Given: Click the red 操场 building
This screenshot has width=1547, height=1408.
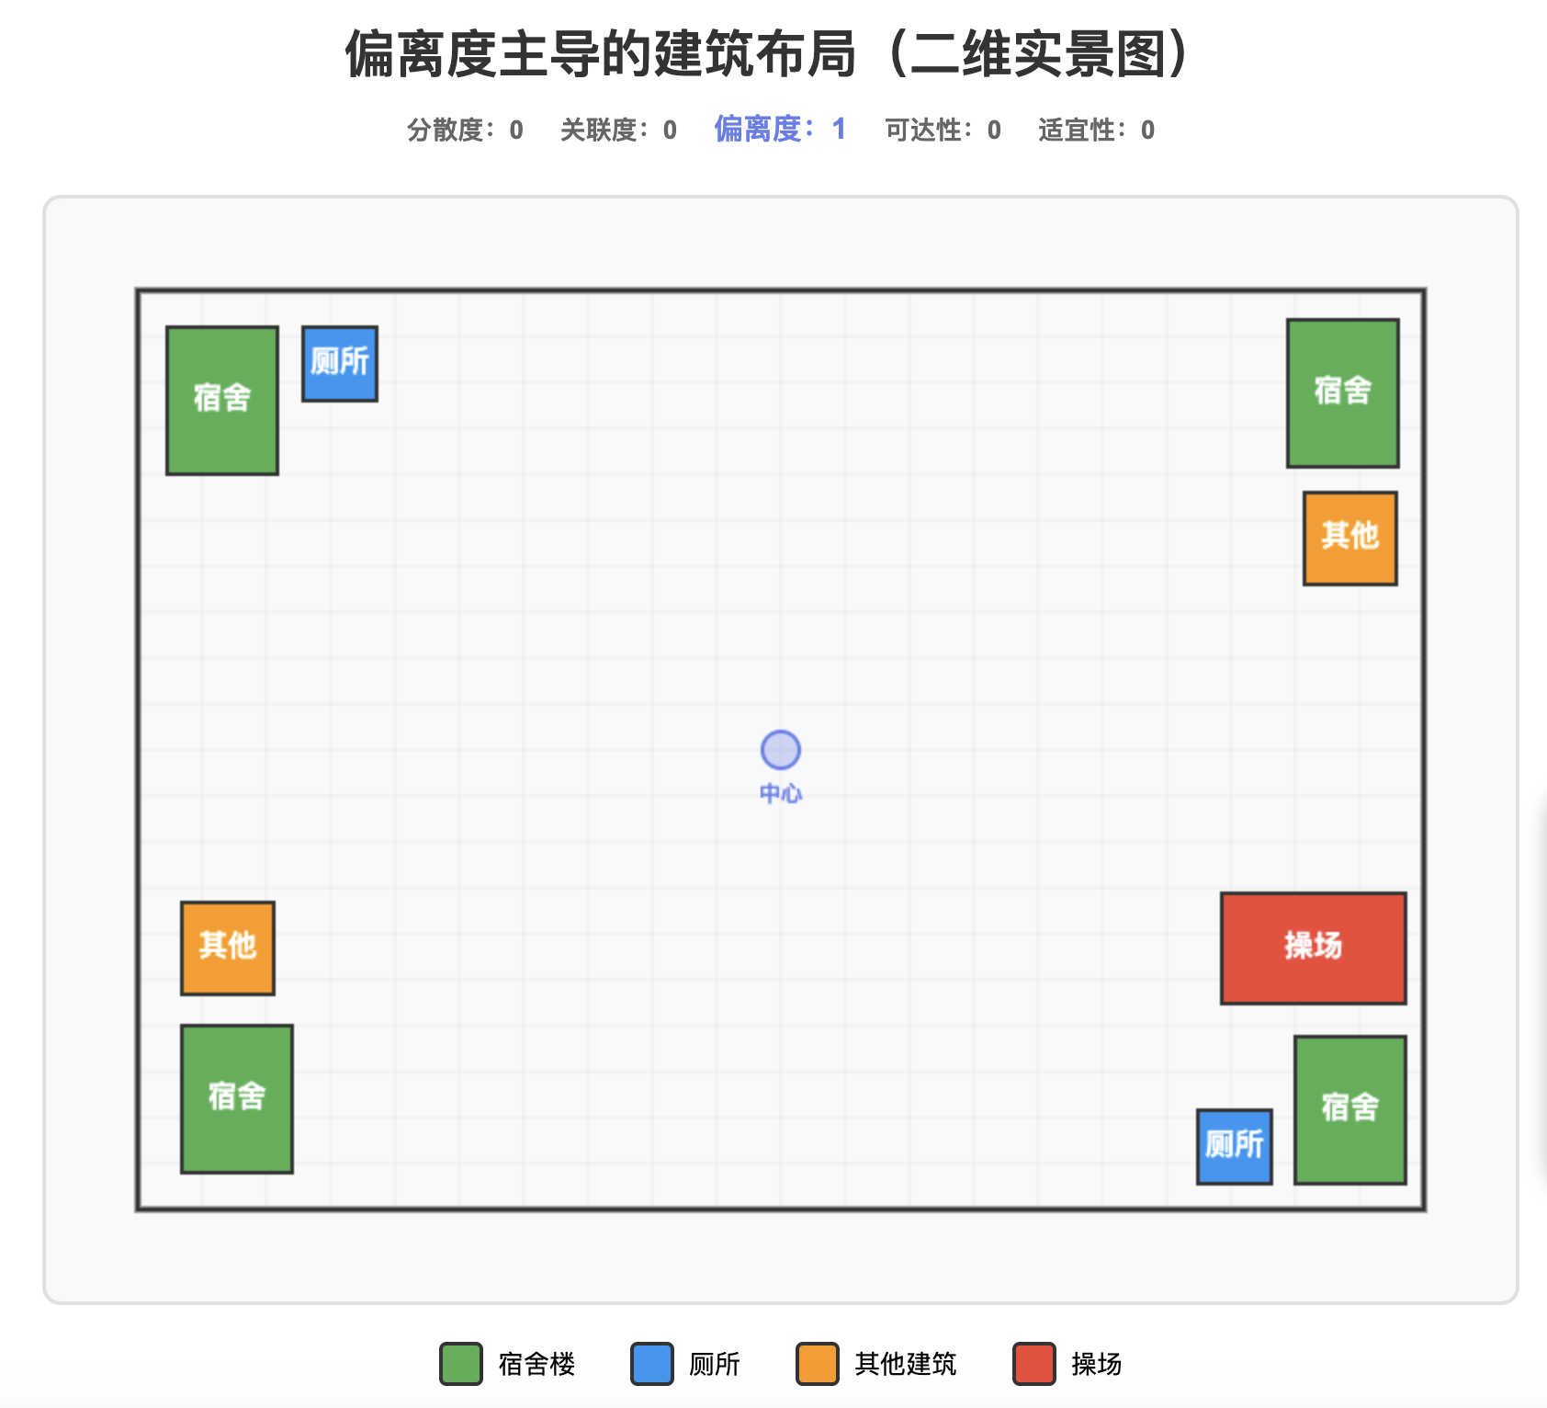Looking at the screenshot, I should pos(1313,948).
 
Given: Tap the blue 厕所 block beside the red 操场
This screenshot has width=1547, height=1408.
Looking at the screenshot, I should pos(1234,1146).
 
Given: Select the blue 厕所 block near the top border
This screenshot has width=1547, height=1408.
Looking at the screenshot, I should pos(340,363).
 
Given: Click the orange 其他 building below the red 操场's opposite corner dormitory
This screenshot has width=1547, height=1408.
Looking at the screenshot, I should pos(1349,538).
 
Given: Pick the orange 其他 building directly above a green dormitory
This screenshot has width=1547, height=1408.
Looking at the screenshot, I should pos(228,948).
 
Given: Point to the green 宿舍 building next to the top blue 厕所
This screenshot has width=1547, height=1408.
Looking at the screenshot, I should pos(222,400).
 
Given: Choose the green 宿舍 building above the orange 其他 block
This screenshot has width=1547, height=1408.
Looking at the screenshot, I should pos(1342,392).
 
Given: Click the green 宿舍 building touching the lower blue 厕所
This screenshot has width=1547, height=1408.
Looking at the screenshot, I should pos(1349,1109).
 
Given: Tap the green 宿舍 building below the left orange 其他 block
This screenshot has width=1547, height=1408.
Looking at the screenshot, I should pos(237,1098).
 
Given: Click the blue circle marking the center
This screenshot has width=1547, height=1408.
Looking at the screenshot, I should pos(781,750).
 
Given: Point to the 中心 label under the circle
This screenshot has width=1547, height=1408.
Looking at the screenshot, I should pos(781,793).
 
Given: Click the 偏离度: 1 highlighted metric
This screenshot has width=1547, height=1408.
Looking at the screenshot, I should pos(780,130).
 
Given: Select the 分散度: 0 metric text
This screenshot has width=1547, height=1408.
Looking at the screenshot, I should pos(465,131).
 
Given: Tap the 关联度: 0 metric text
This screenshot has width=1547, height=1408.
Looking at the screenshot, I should pos(618,131).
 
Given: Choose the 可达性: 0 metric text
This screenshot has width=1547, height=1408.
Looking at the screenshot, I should pos(943,131).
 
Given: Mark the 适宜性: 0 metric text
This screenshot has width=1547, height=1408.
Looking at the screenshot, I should pos(1096,131).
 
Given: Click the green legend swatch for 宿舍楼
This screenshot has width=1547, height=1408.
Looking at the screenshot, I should pos(461,1364).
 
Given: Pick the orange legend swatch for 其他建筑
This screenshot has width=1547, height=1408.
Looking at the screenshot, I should pos(818,1364).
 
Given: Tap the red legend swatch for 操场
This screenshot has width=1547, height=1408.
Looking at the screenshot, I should pos(1034,1364).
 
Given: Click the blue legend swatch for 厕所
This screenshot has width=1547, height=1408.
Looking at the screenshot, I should pos(652,1364).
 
